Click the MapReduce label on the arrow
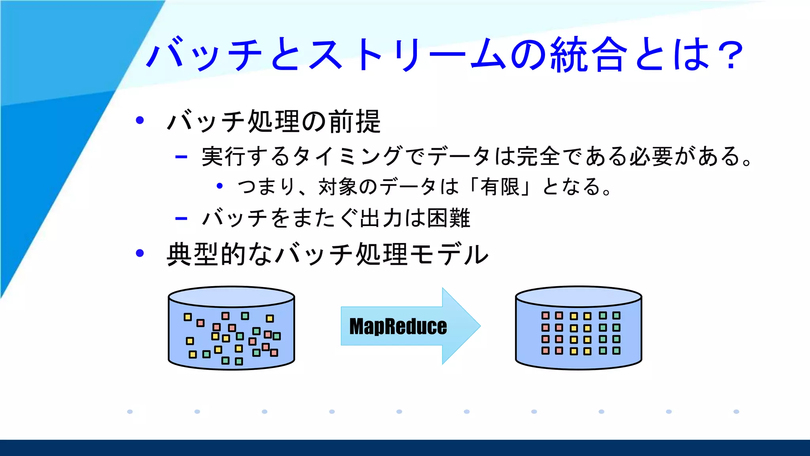(398, 327)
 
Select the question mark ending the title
(729, 55)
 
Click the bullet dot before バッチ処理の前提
(140, 120)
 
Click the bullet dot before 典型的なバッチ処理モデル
(140, 253)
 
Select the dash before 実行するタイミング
(181, 157)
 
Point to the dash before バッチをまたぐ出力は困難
(181, 218)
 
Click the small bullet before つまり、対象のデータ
(220, 186)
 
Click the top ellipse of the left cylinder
(231, 296)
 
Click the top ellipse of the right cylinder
(578, 296)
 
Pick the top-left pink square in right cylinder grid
(545, 315)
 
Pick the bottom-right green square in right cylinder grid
(616, 351)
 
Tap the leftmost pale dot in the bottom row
(130, 412)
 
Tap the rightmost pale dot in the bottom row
(736, 412)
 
